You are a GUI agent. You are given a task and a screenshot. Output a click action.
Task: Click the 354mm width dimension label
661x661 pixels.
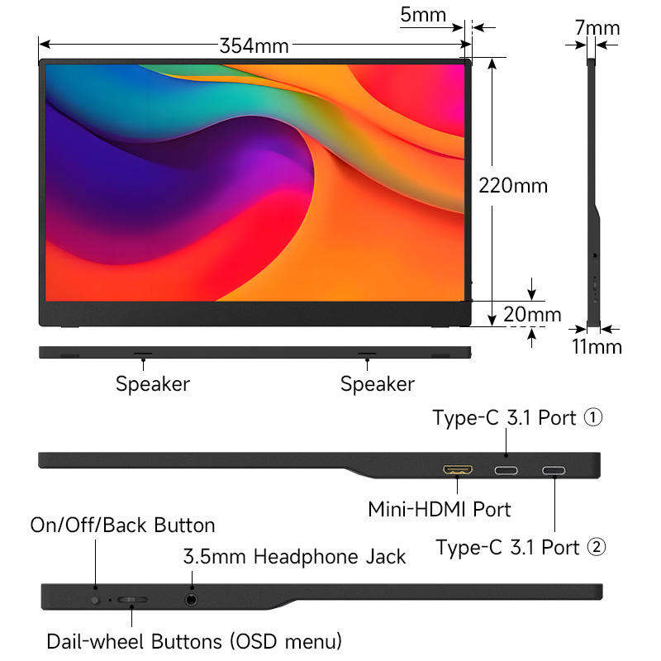254,46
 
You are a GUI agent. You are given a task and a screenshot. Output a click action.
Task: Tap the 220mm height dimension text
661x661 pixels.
513,185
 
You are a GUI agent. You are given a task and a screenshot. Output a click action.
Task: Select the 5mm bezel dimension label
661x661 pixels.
423,15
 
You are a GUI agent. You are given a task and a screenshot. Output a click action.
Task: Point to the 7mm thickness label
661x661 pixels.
597,28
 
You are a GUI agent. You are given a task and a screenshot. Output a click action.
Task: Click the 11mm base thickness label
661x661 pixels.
597,346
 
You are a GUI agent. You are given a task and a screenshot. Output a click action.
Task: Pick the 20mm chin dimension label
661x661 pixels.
533,315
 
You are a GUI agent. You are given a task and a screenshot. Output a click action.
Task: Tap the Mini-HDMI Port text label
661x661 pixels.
439,509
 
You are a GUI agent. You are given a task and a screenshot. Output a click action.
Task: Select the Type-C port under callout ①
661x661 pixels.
506,472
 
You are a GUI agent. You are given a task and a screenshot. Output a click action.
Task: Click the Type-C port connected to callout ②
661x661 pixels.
554,472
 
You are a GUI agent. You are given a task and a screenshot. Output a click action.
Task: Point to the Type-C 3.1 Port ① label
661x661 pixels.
517,418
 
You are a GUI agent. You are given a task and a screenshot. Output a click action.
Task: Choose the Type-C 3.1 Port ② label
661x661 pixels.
521,547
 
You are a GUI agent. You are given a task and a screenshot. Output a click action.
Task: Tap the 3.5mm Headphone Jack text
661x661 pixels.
294,557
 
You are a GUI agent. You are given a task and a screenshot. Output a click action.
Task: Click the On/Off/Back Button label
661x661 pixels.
122,525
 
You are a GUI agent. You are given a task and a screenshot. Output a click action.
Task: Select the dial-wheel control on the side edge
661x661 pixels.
132,599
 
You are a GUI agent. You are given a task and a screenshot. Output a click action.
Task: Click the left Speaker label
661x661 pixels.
152,384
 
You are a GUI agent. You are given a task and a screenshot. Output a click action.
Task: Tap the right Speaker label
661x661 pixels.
378,384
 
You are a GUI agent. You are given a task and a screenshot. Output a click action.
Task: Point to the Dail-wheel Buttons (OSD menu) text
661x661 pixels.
194,641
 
